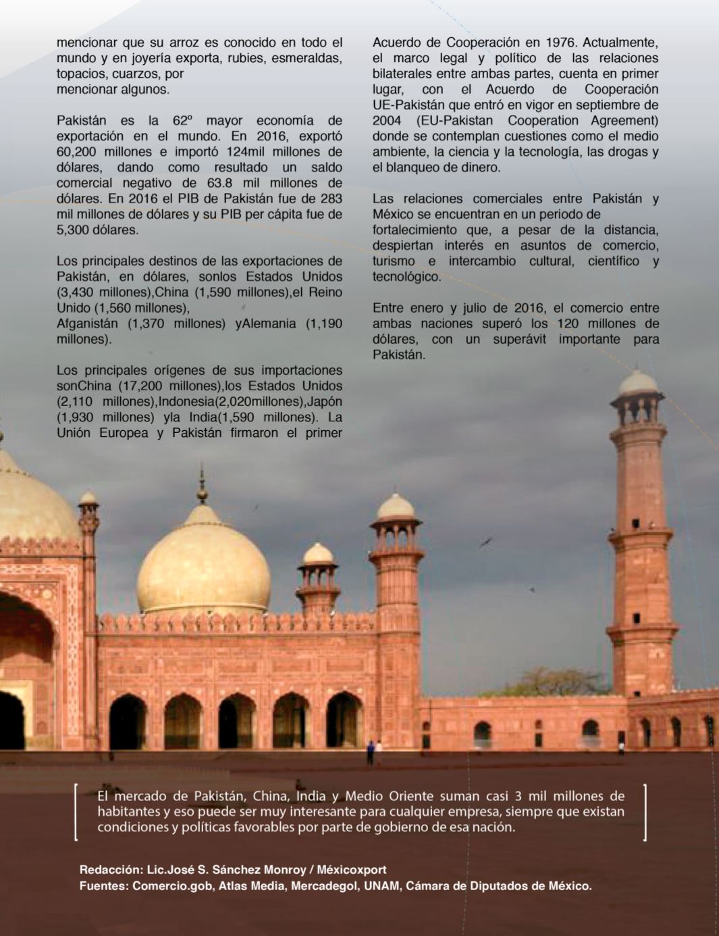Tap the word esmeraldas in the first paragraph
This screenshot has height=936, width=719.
(x=307, y=58)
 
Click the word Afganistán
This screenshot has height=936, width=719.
(x=87, y=323)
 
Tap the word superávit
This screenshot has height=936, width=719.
(x=521, y=339)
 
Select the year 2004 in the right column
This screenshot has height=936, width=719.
(x=387, y=121)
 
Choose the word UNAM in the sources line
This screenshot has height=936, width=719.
(x=381, y=885)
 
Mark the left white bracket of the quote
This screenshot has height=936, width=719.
(x=76, y=812)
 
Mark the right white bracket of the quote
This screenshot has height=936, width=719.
(x=645, y=812)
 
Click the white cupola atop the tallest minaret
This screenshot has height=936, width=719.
(x=638, y=383)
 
